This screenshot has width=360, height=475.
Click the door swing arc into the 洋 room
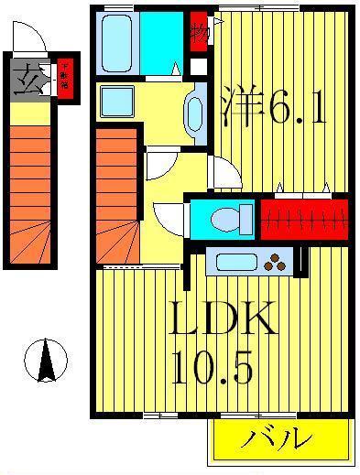(x=221, y=172)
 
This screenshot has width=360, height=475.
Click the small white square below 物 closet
(x=199, y=67)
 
